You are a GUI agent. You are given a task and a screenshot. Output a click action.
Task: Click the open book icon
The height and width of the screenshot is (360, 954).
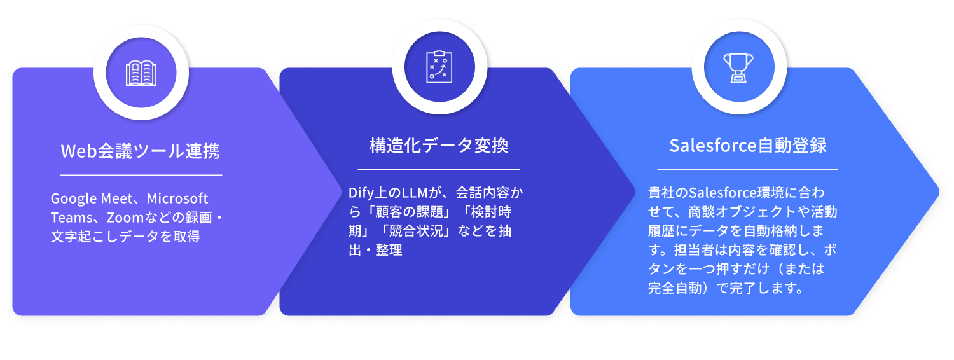141,73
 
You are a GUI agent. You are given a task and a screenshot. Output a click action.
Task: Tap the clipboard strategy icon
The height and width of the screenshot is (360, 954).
439,66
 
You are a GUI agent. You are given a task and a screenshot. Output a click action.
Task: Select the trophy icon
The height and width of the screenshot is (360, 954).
738,67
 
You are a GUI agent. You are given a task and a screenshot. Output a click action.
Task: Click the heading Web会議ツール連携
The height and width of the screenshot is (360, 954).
140,151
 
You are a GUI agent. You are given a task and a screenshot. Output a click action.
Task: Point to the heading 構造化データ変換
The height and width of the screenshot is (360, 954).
439,146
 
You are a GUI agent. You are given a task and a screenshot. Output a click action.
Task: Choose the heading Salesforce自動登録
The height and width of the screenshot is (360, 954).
748,146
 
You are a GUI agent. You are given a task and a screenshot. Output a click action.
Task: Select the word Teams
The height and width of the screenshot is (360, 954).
69,218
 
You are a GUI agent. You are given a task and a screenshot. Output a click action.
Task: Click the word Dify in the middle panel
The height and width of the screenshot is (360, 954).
362,192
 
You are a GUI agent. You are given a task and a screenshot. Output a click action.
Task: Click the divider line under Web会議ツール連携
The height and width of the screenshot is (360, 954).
141,174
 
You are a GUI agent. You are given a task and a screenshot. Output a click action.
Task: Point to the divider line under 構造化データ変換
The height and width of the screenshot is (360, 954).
439,169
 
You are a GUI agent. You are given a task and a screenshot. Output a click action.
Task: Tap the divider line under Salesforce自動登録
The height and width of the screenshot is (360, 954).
747,169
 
